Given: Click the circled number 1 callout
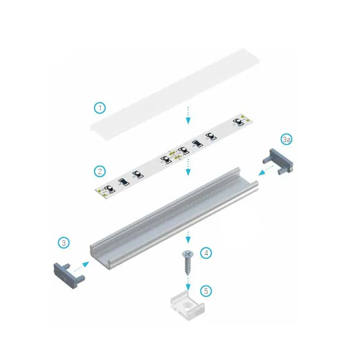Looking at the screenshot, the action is (x=100, y=108).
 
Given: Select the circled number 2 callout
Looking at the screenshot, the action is (x=100, y=171).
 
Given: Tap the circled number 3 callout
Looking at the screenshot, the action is (x=64, y=243).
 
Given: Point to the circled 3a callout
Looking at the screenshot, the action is (x=287, y=139).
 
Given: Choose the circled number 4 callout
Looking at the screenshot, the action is (x=206, y=253).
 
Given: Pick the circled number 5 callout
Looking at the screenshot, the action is (x=206, y=291).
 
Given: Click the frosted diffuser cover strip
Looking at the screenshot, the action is (x=175, y=94).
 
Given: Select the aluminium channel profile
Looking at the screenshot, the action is (x=174, y=219).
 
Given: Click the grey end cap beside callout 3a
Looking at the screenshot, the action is (x=278, y=161).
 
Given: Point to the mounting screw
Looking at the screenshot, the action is (x=188, y=262).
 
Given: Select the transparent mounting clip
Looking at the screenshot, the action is (x=187, y=306).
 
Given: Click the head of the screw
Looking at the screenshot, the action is (x=188, y=253).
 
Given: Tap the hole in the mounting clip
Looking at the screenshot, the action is (x=189, y=306).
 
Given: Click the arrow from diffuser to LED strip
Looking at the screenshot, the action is (x=188, y=115).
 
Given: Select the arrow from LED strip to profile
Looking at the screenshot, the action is (x=188, y=167).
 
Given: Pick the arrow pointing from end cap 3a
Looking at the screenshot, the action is (x=265, y=171).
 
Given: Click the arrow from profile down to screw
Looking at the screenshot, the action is (x=188, y=238).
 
